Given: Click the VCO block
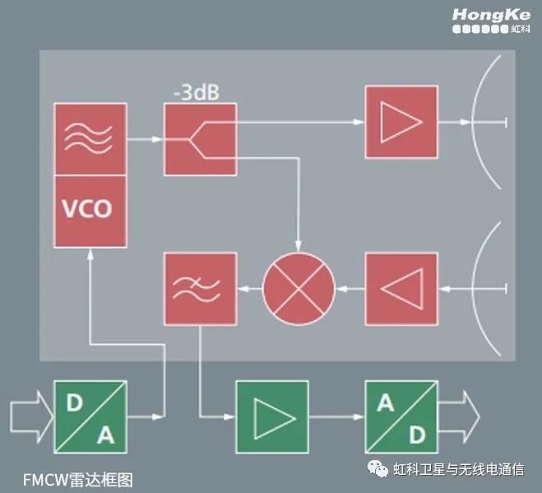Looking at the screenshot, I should [90, 210].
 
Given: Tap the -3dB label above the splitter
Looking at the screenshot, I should [195, 92].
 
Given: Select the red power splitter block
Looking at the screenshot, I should [200, 139].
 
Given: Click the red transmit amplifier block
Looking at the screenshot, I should [401, 123].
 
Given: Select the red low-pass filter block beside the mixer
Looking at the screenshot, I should [200, 288].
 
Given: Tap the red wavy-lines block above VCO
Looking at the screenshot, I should [90, 139].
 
